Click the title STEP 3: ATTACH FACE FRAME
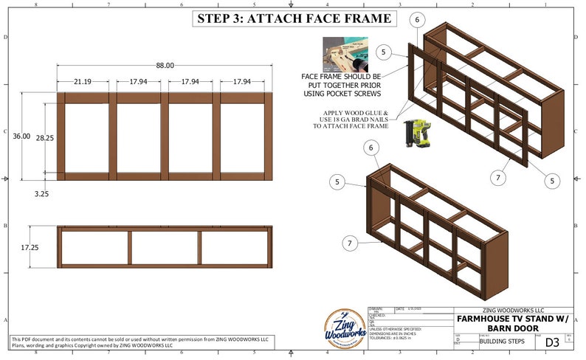293,19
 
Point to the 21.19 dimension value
82,82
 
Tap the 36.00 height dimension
21,136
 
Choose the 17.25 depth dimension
30,247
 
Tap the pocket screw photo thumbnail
343,54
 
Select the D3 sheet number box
551,342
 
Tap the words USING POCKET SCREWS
341,94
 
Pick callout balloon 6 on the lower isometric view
370,148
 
